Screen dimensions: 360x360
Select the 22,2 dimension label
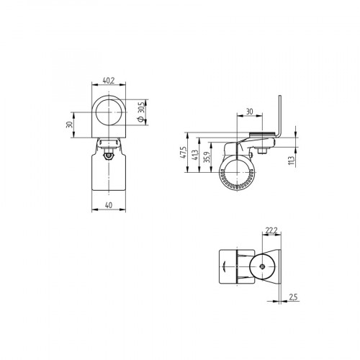(271, 230)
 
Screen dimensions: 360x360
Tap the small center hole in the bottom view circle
(264, 267)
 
